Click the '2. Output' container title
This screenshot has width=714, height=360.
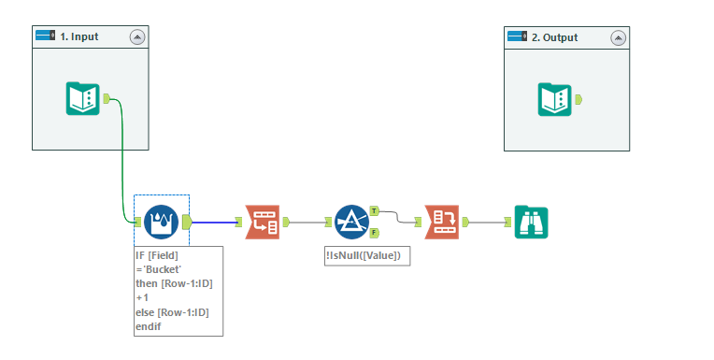(x=554, y=37)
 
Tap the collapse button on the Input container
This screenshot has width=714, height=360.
(x=137, y=37)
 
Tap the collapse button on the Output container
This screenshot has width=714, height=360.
(x=618, y=37)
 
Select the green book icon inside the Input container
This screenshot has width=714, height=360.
(x=82, y=98)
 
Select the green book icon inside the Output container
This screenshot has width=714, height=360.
(x=554, y=98)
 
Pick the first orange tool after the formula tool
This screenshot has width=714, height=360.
(x=261, y=222)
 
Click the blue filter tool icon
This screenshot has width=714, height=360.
(x=351, y=222)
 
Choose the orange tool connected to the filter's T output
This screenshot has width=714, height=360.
(x=440, y=222)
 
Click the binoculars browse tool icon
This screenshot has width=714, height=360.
(x=531, y=222)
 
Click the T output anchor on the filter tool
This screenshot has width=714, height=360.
(x=374, y=211)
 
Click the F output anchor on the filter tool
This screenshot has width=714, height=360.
(x=374, y=232)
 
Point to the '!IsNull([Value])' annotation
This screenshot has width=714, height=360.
(x=367, y=255)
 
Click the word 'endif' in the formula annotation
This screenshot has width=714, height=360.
(x=150, y=326)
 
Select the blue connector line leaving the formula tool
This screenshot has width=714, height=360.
(x=215, y=223)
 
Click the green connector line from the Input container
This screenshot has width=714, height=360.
(x=122, y=159)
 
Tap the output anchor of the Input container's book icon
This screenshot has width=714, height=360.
(x=107, y=98)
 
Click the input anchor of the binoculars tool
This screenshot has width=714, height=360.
(x=507, y=223)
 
